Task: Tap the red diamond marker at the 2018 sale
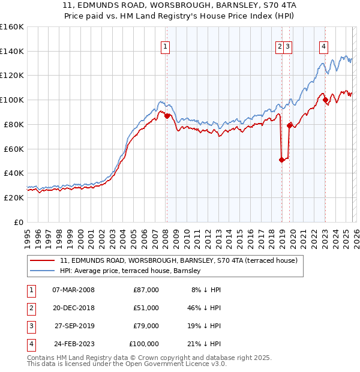click(281, 160)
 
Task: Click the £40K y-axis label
click(14, 173)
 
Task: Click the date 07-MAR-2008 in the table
click(73, 290)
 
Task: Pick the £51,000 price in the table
click(146, 308)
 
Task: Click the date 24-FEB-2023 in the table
click(73, 344)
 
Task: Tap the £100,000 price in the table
click(144, 344)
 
